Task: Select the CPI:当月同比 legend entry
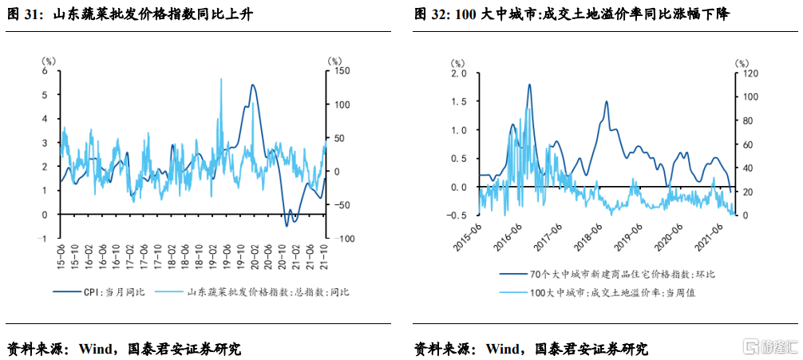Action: click(104, 292)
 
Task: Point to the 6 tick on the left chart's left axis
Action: click(45, 70)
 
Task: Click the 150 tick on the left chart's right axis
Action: click(341, 70)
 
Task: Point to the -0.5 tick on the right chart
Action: click(457, 216)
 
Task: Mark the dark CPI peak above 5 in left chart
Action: click(253, 85)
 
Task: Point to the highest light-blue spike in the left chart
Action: click(220, 79)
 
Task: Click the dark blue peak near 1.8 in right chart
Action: click(529, 85)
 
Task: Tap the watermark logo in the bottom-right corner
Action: click(770, 347)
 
